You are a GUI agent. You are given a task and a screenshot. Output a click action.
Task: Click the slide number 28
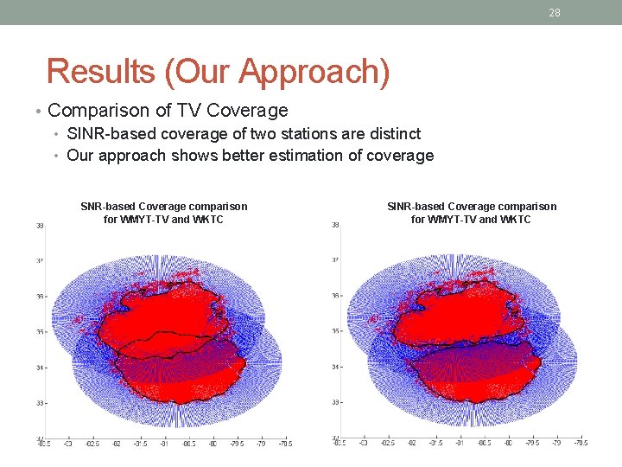(555, 12)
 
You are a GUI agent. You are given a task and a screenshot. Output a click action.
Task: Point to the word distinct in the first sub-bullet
(393, 133)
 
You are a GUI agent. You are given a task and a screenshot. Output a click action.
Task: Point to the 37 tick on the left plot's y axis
(40, 260)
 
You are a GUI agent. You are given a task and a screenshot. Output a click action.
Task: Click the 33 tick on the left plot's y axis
(40, 403)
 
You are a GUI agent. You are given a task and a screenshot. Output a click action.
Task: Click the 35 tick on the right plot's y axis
(334, 331)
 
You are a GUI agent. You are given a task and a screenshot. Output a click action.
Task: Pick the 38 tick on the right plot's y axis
(334, 225)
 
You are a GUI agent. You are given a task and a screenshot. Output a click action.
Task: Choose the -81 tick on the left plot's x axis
(163, 444)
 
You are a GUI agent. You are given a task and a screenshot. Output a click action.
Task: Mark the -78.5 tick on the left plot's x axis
(284, 444)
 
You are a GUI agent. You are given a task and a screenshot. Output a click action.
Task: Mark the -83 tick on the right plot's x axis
(362, 444)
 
